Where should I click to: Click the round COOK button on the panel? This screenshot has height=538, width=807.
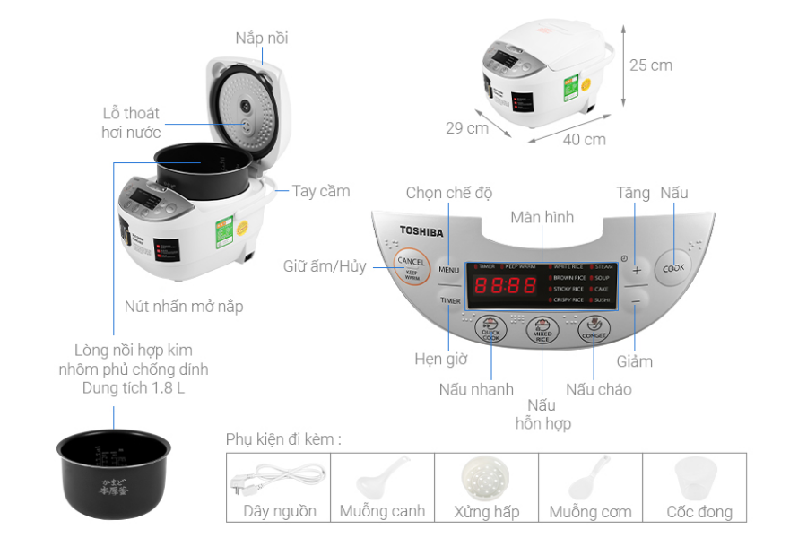(673, 267)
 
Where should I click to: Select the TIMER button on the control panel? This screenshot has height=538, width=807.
(449, 300)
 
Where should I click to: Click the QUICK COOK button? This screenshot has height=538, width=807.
(490, 330)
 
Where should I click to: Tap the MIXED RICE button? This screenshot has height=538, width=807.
(542, 331)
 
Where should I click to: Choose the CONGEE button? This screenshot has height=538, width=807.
(594, 330)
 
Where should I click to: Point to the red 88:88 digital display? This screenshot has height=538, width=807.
(505, 286)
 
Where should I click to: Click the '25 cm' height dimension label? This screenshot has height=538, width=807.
(650, 65)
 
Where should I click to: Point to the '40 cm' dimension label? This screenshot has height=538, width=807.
(584, 139)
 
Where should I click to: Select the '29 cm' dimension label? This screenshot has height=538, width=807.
(466, 127)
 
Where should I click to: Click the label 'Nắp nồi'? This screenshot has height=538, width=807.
(262, 38)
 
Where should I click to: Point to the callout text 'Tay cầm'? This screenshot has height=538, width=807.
(320, 191)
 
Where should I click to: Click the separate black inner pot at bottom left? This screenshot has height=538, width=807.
(114, 462)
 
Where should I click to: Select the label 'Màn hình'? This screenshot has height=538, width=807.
(542, 217)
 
